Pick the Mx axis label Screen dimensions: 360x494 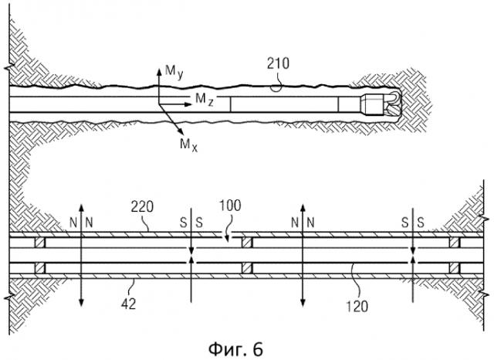pos(189,144)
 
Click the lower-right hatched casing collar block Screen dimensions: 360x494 pos(453,269)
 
